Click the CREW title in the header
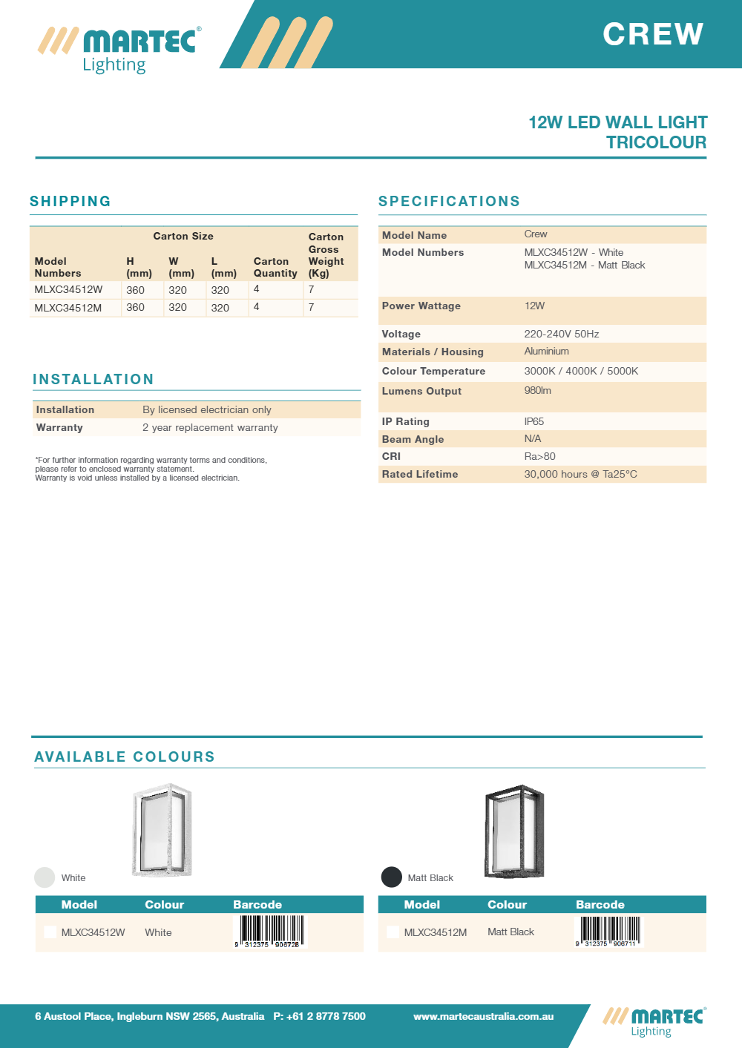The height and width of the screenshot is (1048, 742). [x=653, y=34]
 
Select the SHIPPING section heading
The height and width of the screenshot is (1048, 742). [x=70, y=201]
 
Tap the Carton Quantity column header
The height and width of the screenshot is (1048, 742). [x=275, y=267]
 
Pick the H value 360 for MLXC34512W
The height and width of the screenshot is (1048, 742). [x=135, y=290]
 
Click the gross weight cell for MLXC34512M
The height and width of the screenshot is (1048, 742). [x=312, y=307]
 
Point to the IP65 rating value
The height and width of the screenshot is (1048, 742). [x=534, y=421]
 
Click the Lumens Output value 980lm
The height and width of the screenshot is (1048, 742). [x=538, y=391]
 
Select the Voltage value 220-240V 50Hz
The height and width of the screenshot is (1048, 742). [x=562, y=334]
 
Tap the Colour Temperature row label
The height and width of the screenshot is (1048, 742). [x=433, y=371]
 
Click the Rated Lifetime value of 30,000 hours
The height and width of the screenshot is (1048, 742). [x=580, y=474]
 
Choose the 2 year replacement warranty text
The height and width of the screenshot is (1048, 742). [x=210, y=427]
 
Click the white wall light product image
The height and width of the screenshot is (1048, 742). [x=162, y=830]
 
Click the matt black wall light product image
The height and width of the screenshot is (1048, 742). [x=514, y=831]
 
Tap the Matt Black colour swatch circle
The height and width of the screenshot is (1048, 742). [x=392, y=877]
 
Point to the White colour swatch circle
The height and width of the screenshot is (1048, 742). [x=45, y=877]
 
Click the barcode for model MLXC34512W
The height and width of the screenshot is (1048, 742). [x=269, y=932]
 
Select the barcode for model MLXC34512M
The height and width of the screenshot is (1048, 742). [x=609, y=932]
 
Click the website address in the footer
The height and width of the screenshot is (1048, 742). [x=483, y=1016]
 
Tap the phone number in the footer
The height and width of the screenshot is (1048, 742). [x=319, y=1016]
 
